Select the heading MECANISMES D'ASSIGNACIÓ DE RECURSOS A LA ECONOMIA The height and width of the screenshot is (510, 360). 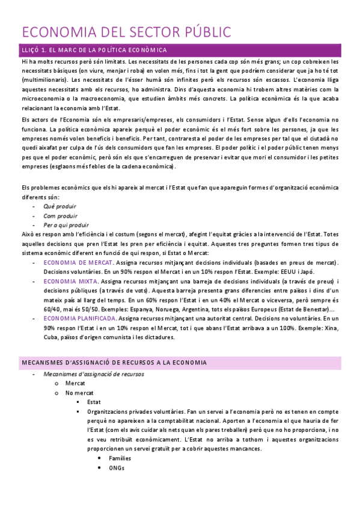coord(114,363)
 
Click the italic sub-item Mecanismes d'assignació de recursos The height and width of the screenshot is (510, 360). coord(94,373)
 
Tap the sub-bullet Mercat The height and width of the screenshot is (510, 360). coord(75,383)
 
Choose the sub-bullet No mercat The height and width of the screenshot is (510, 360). coord(79,392)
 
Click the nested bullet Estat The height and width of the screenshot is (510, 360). coord(94,402)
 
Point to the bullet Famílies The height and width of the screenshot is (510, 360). coord(120,458)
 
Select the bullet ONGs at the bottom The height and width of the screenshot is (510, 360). coord(117,467)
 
